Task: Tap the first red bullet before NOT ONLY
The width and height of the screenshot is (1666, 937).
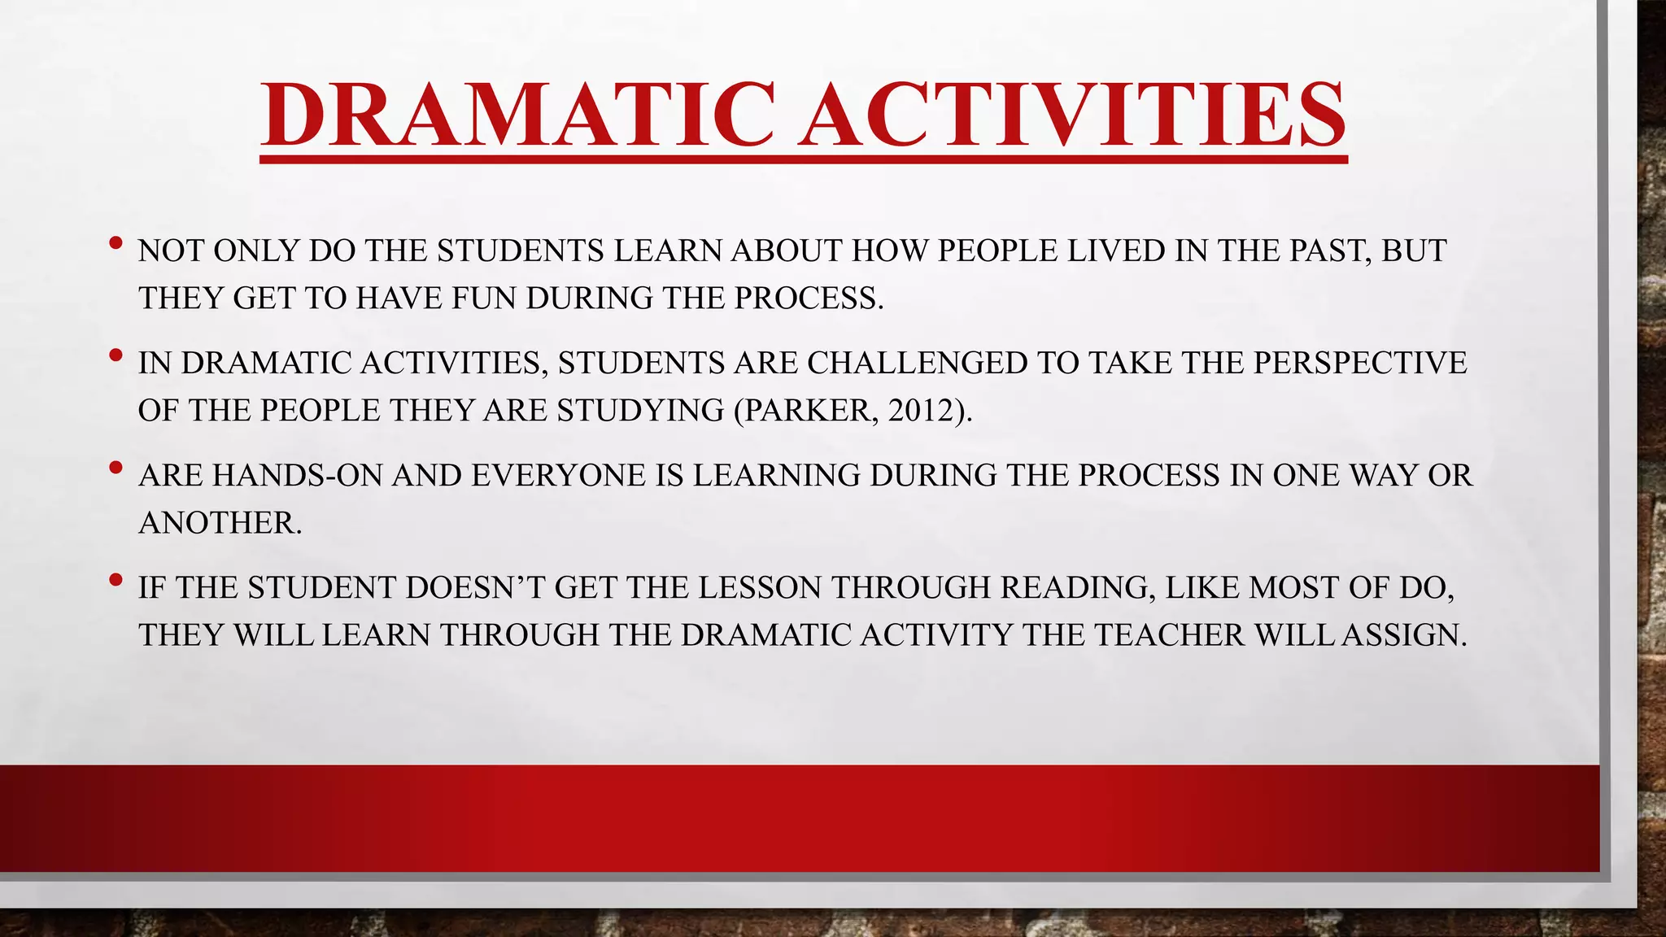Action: [116, 242]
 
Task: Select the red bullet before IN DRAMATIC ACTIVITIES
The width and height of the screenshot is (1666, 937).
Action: [116, 355]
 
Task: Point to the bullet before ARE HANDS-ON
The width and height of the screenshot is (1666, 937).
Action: [116, 467]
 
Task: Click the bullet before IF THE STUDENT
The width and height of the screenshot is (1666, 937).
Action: [116, 579]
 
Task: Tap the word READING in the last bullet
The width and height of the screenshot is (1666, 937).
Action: [1078, 587]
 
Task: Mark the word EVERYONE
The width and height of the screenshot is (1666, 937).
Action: [558, 475]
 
